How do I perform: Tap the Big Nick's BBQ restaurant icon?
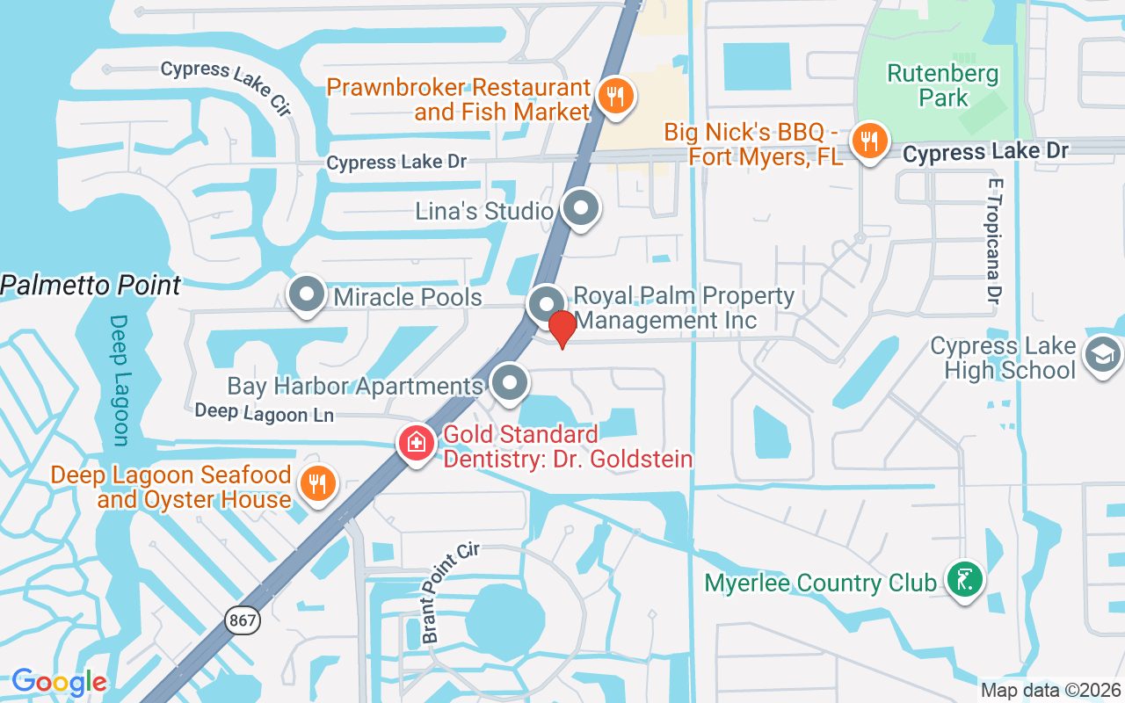tap(869, 141)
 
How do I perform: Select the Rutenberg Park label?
tap(943, 85)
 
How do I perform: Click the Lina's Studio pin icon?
tap(580, 208)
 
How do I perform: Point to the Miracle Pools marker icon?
tap(307, 295)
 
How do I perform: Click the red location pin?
tap(562, 329)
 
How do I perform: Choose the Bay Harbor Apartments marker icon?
tap(509, 383)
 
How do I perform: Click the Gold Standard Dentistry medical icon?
tap(417, 443)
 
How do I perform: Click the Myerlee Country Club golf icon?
tap(964, 579)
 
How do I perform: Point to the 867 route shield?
tap(242, 620)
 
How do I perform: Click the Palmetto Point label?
tap(91, 286)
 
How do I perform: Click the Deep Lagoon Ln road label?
tap(264, 412)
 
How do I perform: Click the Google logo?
tap(59, 682)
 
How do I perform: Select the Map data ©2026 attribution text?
tap(1050, 691)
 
